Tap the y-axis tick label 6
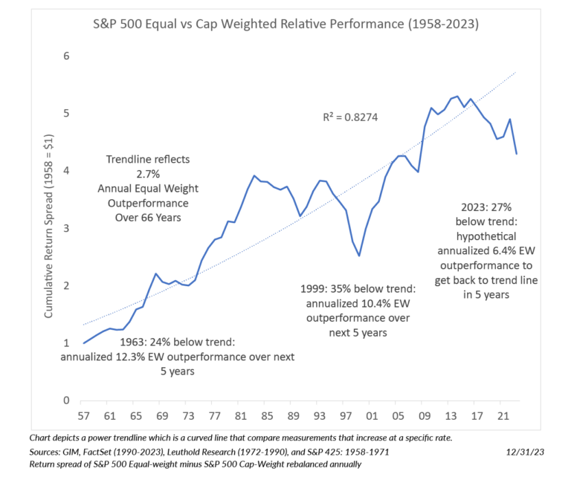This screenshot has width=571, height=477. pos(65,56)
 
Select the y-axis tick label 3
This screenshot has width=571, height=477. pos(65,228)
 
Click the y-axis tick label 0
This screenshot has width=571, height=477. pos(65,400)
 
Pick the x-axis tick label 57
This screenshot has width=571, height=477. pos(84,416)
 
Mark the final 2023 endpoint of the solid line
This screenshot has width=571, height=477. pos(516,154)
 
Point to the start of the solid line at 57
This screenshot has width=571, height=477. pos(84,343)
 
